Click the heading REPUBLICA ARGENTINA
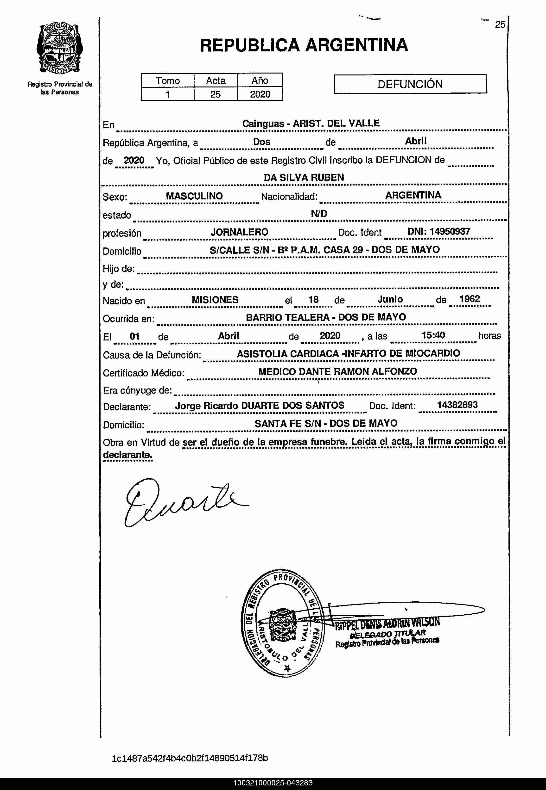pos(304,45)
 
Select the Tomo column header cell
pos(168,81)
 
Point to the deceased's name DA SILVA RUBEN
pos(304,177)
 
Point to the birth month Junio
pos(390,299)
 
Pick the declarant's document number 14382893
pos(457,405)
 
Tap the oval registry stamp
pos(282,623)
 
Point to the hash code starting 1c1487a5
pos(190,758)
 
